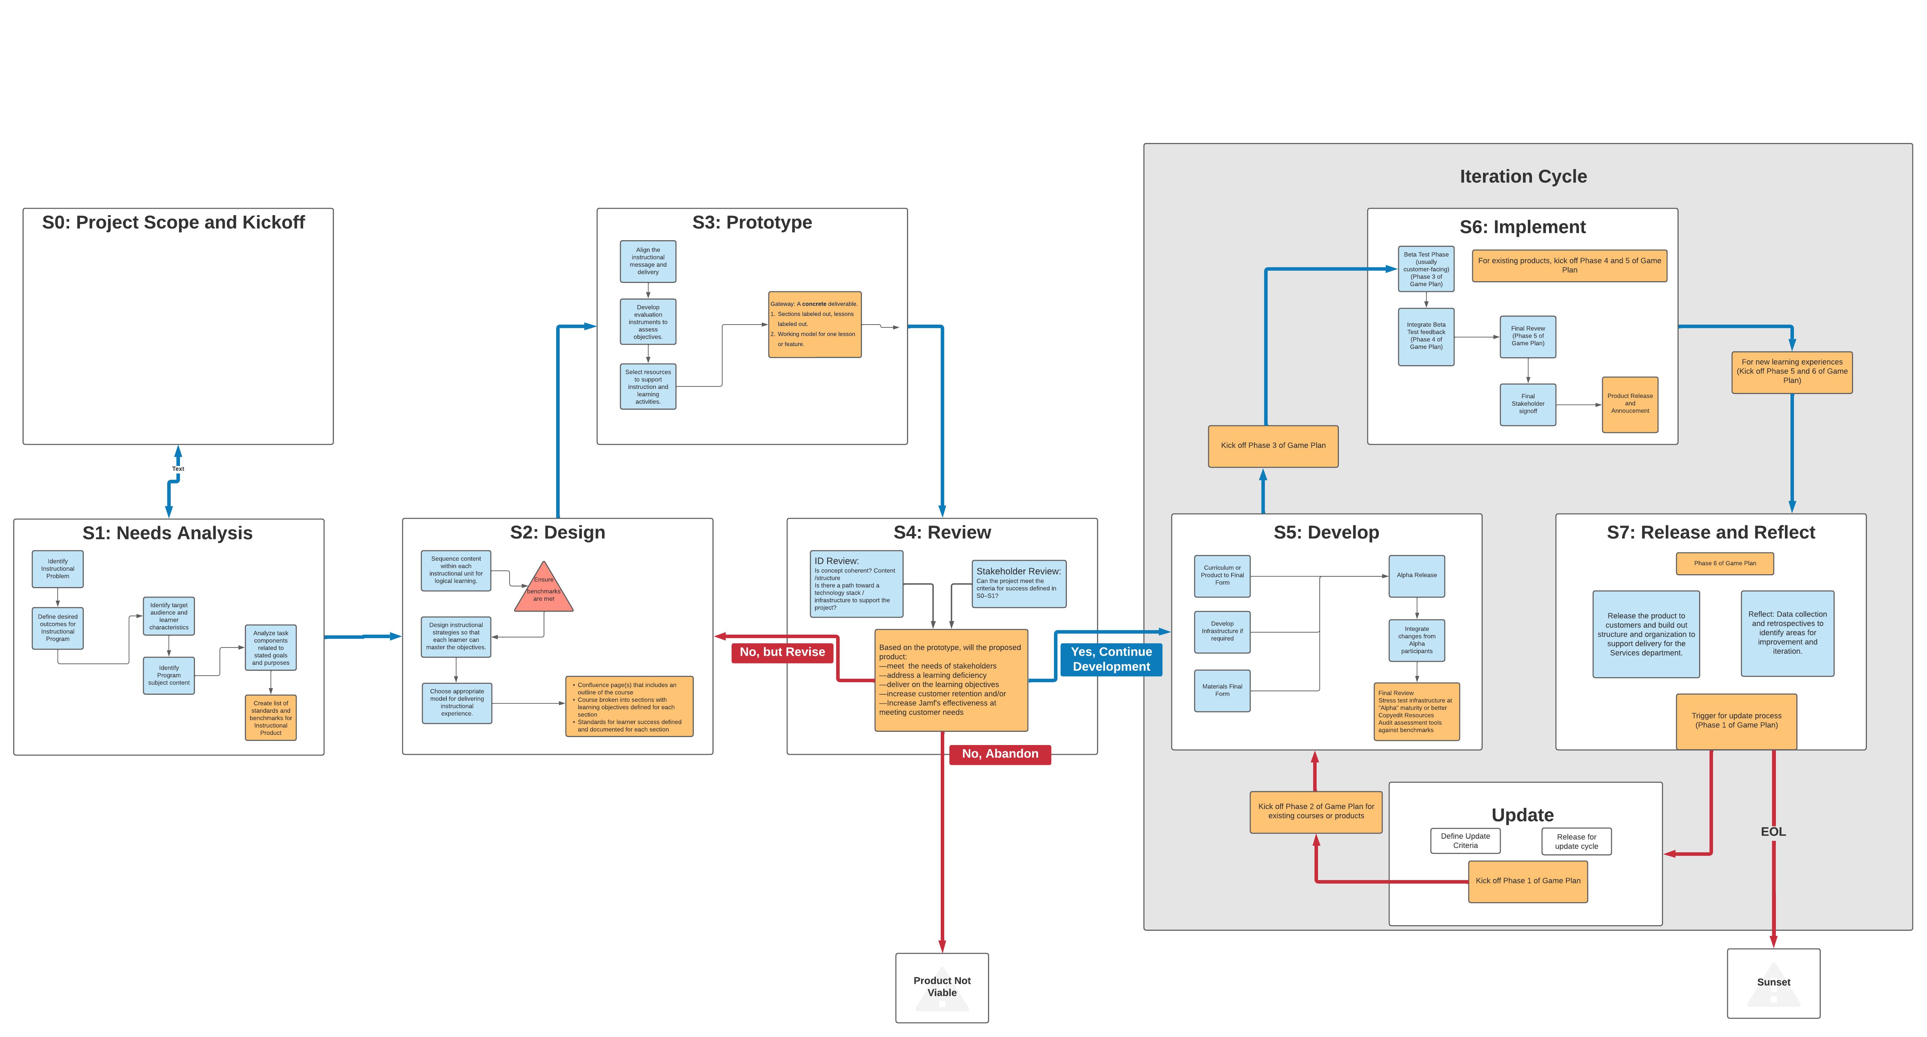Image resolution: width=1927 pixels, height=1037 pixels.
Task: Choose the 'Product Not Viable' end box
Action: pyautogui.click(x=942, y=987)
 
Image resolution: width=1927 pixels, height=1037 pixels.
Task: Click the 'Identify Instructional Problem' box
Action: pyautogui.click(x=58, y=569)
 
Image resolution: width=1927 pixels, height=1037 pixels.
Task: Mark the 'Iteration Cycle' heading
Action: pyautogui.click(x=1523, y=176)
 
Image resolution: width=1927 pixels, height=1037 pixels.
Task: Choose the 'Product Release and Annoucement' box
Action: pyautogui.click(x=1630, y=404)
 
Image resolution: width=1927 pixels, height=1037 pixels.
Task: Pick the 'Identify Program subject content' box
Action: pyautogui.click(x=169, y=675)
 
